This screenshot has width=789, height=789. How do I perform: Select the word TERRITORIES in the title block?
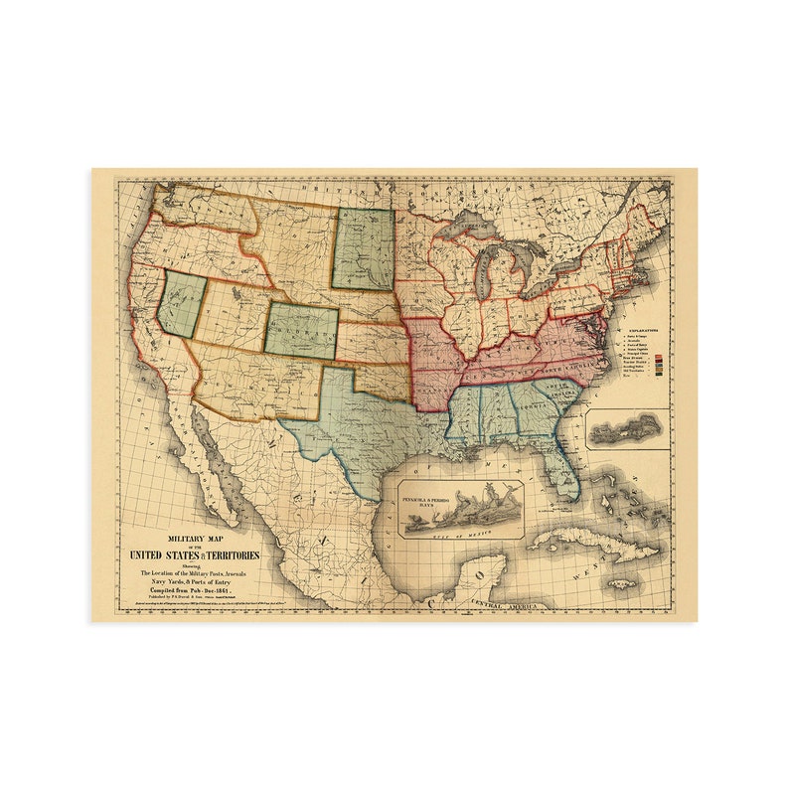231,554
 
